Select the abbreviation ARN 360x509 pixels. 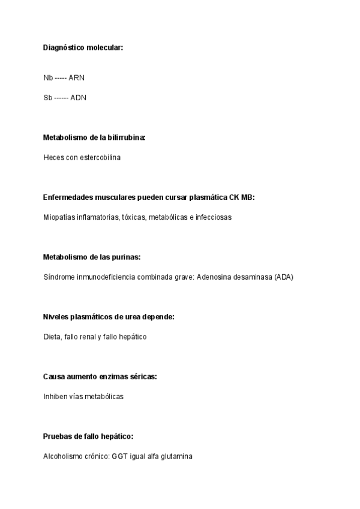point(76,78)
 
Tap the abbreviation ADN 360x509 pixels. point(79,97)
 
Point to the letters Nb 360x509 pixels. point(48,78)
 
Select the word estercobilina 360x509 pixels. point(97,157)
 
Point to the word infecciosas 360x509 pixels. point(213,217)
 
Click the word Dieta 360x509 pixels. point(52,337)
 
